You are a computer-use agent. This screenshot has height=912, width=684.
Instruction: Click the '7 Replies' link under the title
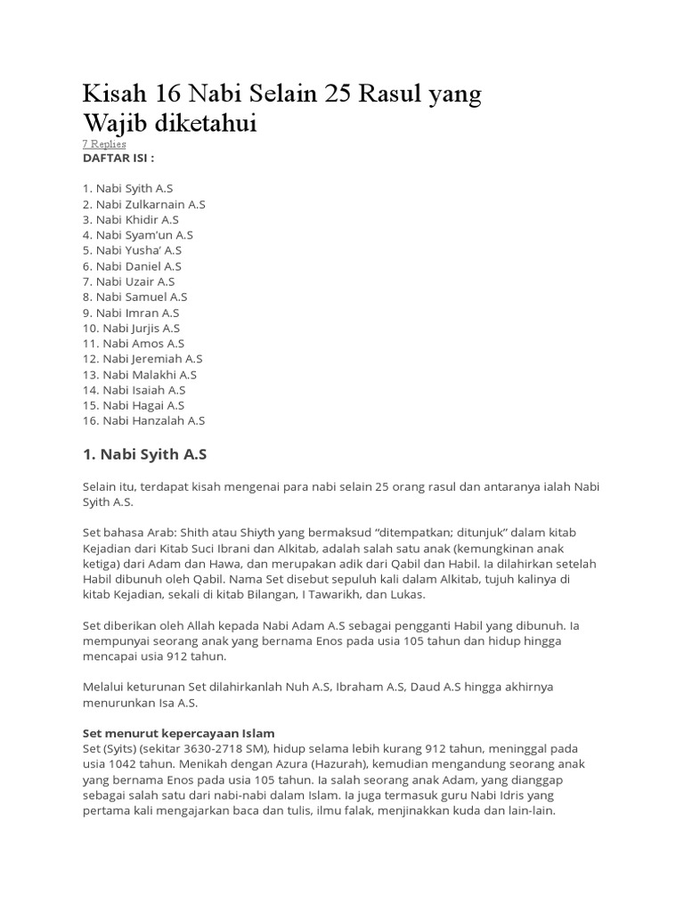click(x=104, y=143)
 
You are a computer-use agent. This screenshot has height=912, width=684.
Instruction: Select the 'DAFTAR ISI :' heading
click(x=118, y=158)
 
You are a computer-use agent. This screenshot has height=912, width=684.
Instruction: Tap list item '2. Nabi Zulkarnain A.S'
click(x=143, y=204)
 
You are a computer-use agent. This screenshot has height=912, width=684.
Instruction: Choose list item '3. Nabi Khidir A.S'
click(x=131, y=219)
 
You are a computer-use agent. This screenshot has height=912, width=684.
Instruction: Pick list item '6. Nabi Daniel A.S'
click(x=132, y=265)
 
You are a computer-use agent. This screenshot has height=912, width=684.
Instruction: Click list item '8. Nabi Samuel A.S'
click(x=134, y=297)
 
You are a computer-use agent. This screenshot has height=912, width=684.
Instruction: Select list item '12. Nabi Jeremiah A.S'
click(x=142, y=358)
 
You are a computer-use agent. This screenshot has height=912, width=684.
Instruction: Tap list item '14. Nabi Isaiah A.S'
click(x=134, y=389)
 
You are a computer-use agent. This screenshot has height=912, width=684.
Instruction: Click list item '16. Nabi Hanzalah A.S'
click(x=143, y=420)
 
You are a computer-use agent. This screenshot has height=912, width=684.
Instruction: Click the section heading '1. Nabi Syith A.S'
click(x=144, y=454)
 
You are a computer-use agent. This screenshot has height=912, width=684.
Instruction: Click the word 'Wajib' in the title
click(x=112, y=123)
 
